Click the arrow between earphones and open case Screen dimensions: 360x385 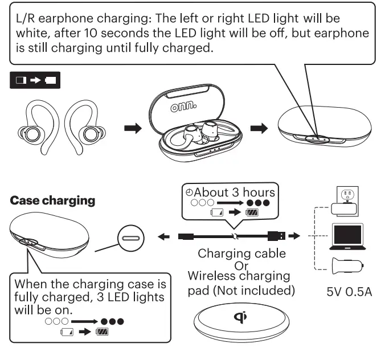132,129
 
